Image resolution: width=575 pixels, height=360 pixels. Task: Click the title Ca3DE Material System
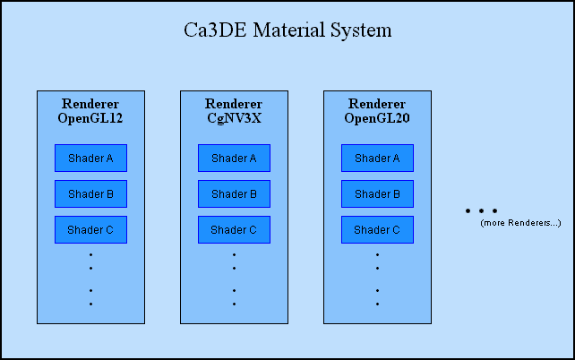(x=287, y=30)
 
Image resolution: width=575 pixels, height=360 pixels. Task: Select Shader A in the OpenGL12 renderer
(x=90, y=159)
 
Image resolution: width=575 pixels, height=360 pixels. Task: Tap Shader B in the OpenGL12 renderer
(x=90, y=194)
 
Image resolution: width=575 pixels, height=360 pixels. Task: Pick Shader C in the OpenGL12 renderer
(x=90, y=230)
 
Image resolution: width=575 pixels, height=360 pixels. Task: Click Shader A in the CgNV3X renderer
(x=234, y=159)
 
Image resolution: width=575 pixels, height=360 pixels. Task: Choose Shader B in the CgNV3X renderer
(x=234, y=194)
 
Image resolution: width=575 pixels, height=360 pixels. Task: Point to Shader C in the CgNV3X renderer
(x=234, y=230)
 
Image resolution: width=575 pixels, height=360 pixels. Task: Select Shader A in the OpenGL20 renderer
(x=377, y=159)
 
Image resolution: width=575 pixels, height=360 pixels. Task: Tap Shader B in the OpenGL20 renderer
(x=377, y=194)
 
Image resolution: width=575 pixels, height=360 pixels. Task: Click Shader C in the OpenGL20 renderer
(x=377, y=230)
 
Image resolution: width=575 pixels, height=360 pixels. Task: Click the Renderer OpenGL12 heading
(x=90, y=111)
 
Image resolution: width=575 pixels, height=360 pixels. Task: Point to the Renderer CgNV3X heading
(x=234, y=111)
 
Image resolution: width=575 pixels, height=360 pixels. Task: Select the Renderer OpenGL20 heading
(x=377, y=111)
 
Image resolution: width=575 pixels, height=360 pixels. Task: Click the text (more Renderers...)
(x=520, y=222)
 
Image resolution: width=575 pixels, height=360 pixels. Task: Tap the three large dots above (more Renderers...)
(x=481, y=211)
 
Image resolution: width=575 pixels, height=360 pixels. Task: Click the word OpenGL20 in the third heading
(x=377, y=118)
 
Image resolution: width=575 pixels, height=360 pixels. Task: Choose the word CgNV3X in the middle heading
(x=234, y=118)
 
